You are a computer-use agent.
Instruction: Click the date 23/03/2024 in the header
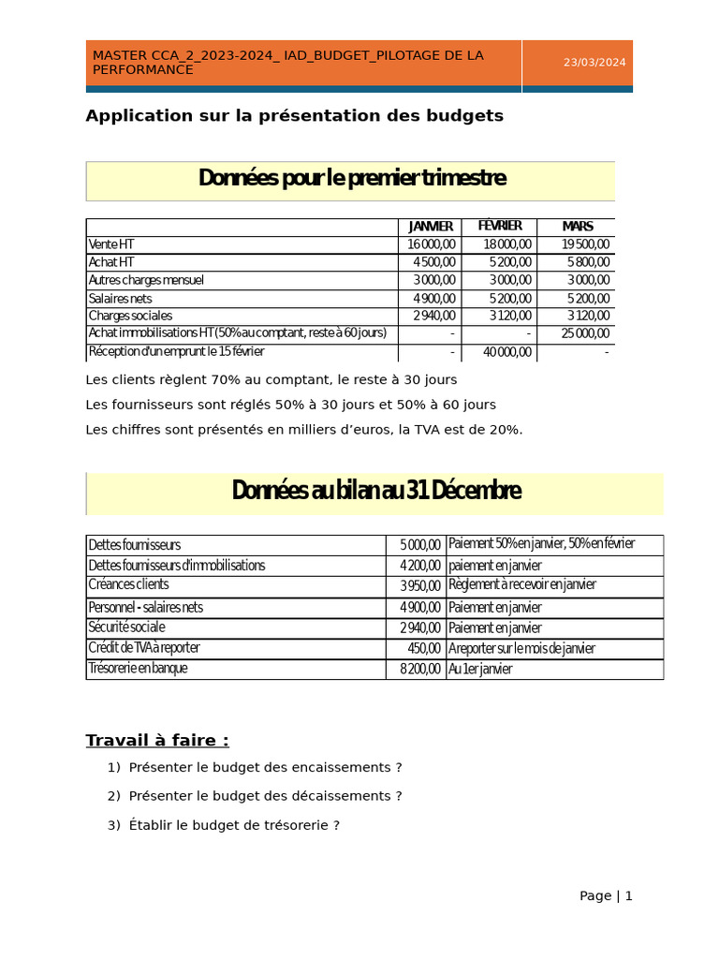tap(594, 63)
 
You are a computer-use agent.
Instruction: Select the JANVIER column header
tap(431, 227)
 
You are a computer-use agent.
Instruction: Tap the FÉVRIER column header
tap(500, 227)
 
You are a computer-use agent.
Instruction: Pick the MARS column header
tap(577, 227)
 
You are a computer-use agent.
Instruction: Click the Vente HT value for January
tap(432, 244)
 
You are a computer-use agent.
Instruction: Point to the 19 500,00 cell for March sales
tap(586, 244)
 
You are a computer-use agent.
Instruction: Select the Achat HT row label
tap(111, 262)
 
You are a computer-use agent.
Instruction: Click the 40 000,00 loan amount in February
tap(506, 352)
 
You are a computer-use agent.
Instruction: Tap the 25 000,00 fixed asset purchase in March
tap(586, 333)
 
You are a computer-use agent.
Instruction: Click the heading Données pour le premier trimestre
tap(352, 178)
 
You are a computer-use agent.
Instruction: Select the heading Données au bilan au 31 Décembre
tap(375, 491)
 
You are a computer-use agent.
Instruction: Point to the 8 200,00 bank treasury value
tap(420, 670)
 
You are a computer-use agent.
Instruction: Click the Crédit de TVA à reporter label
tap(144, 648)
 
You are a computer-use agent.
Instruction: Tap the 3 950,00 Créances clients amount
tap(420, 586)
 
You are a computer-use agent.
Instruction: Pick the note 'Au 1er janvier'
tap(480, 670)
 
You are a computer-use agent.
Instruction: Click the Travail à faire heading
tap(157, 741)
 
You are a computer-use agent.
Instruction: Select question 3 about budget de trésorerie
tap(233, 825)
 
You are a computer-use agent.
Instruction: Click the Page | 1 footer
tap(606, 895)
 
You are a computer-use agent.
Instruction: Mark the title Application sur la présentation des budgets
tap(294, 116)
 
